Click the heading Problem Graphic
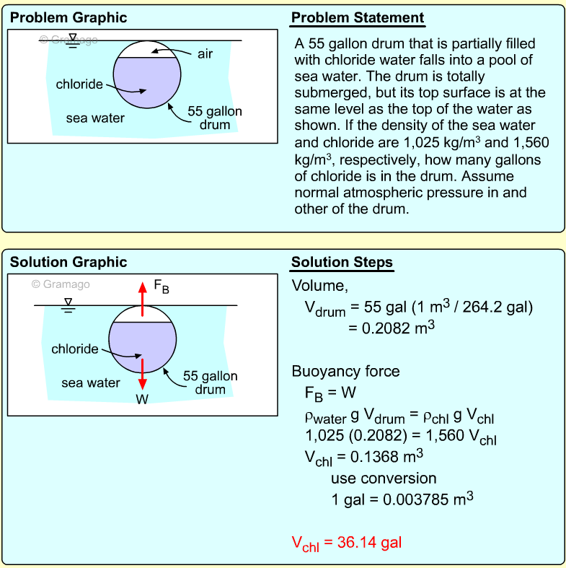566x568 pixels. click(x=68, y=17)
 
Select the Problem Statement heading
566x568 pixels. click(x=358, y=17)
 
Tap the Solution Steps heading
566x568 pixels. click(x=342, y=261)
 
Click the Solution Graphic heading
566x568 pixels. click(x=68, y=262)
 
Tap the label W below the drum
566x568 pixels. click(x=142, y=398)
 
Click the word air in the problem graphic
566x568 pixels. click(x=205, y=54)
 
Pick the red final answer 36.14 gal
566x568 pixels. click(x=346, y=542)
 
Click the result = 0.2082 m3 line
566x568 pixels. click(x=392, y=327)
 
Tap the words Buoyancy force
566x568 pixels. click(x=345, y=372)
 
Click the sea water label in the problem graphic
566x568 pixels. click(x=95, y=118)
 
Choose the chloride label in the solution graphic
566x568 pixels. click(x=74, y=349)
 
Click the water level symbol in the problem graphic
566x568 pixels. click(x=72, y=40)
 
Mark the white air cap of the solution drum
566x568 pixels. click(x=142, y=313)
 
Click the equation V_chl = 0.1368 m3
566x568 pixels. click(x=364, y=458)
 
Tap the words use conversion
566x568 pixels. click(x=384, y=478)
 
